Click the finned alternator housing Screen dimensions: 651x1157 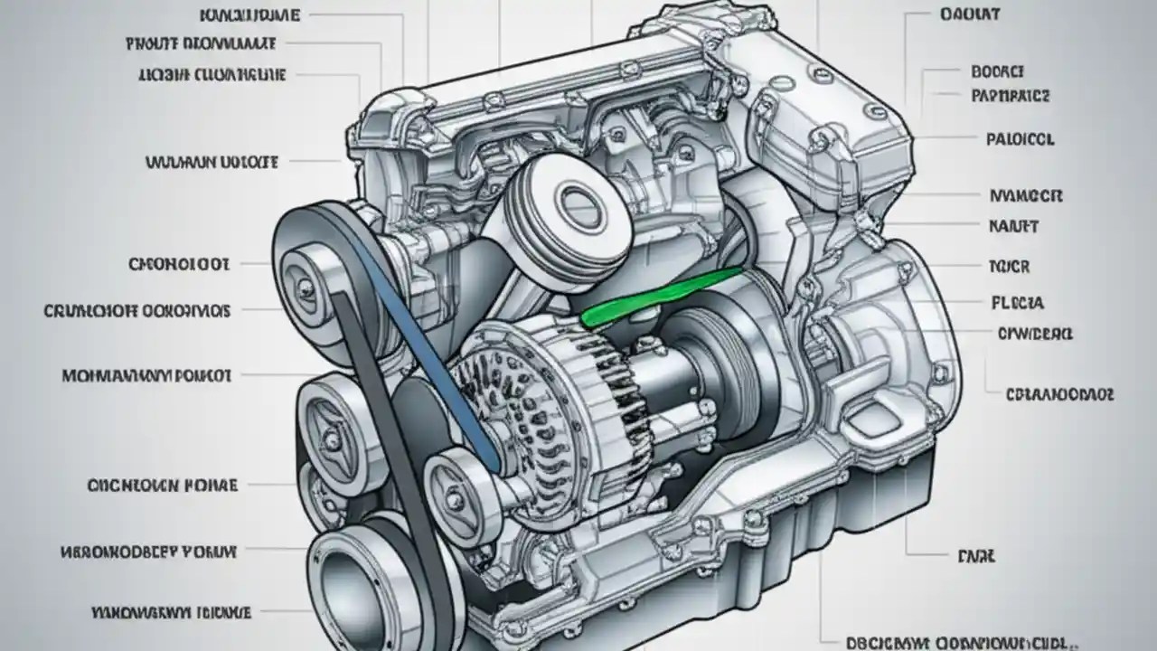pos(515,398)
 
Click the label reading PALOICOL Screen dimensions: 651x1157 pos(1020,140)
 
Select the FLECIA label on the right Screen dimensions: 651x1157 pos(1017,303)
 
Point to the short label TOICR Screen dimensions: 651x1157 pos(1010,267)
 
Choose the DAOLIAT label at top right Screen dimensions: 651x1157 pos(969,14)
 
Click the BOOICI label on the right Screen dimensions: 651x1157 pos(996,71)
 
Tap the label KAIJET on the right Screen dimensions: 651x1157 pos(1013,226)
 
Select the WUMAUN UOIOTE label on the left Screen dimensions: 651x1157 pos(212,163)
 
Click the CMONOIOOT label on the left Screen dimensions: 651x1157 pos(180,264)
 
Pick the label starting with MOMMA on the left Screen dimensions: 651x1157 pos(146,374)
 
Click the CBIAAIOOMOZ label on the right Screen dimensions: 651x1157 pos(1059,394)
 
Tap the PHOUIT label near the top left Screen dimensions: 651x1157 pos(201,42)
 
